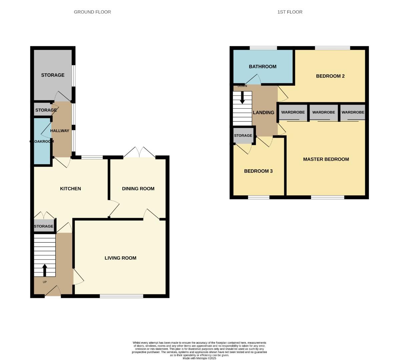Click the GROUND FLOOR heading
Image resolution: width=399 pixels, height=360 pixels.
[92, 12]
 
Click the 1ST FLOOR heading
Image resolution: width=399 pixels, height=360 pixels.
[290, 12]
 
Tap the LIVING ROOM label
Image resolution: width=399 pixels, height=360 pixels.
[120, 258]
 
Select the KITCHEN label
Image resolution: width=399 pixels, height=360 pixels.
[70, 189]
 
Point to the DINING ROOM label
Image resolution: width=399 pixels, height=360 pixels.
[138, 189]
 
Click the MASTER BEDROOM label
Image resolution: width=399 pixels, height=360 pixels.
[326, 159]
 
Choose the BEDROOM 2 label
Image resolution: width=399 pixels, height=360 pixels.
[330, 76]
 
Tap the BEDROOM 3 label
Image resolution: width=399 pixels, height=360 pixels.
[258, 171]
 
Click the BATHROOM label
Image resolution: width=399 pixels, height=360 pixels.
[263, 67]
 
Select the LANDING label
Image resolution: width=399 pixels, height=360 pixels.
[264, 113]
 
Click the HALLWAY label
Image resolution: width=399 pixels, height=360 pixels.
[60, 131]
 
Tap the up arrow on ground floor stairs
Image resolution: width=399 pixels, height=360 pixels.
[44, 270]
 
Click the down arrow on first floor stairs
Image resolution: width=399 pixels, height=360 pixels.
[243, 97]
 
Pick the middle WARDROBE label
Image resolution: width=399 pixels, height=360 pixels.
[323, 112]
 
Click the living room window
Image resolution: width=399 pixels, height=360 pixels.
[121, 296]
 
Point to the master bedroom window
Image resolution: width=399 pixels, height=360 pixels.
[327, 197]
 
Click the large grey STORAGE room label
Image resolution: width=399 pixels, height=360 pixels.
[53, 75]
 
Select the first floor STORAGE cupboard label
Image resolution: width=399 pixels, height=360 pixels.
[243, 136]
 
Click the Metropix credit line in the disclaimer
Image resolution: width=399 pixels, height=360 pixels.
[199, 358]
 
